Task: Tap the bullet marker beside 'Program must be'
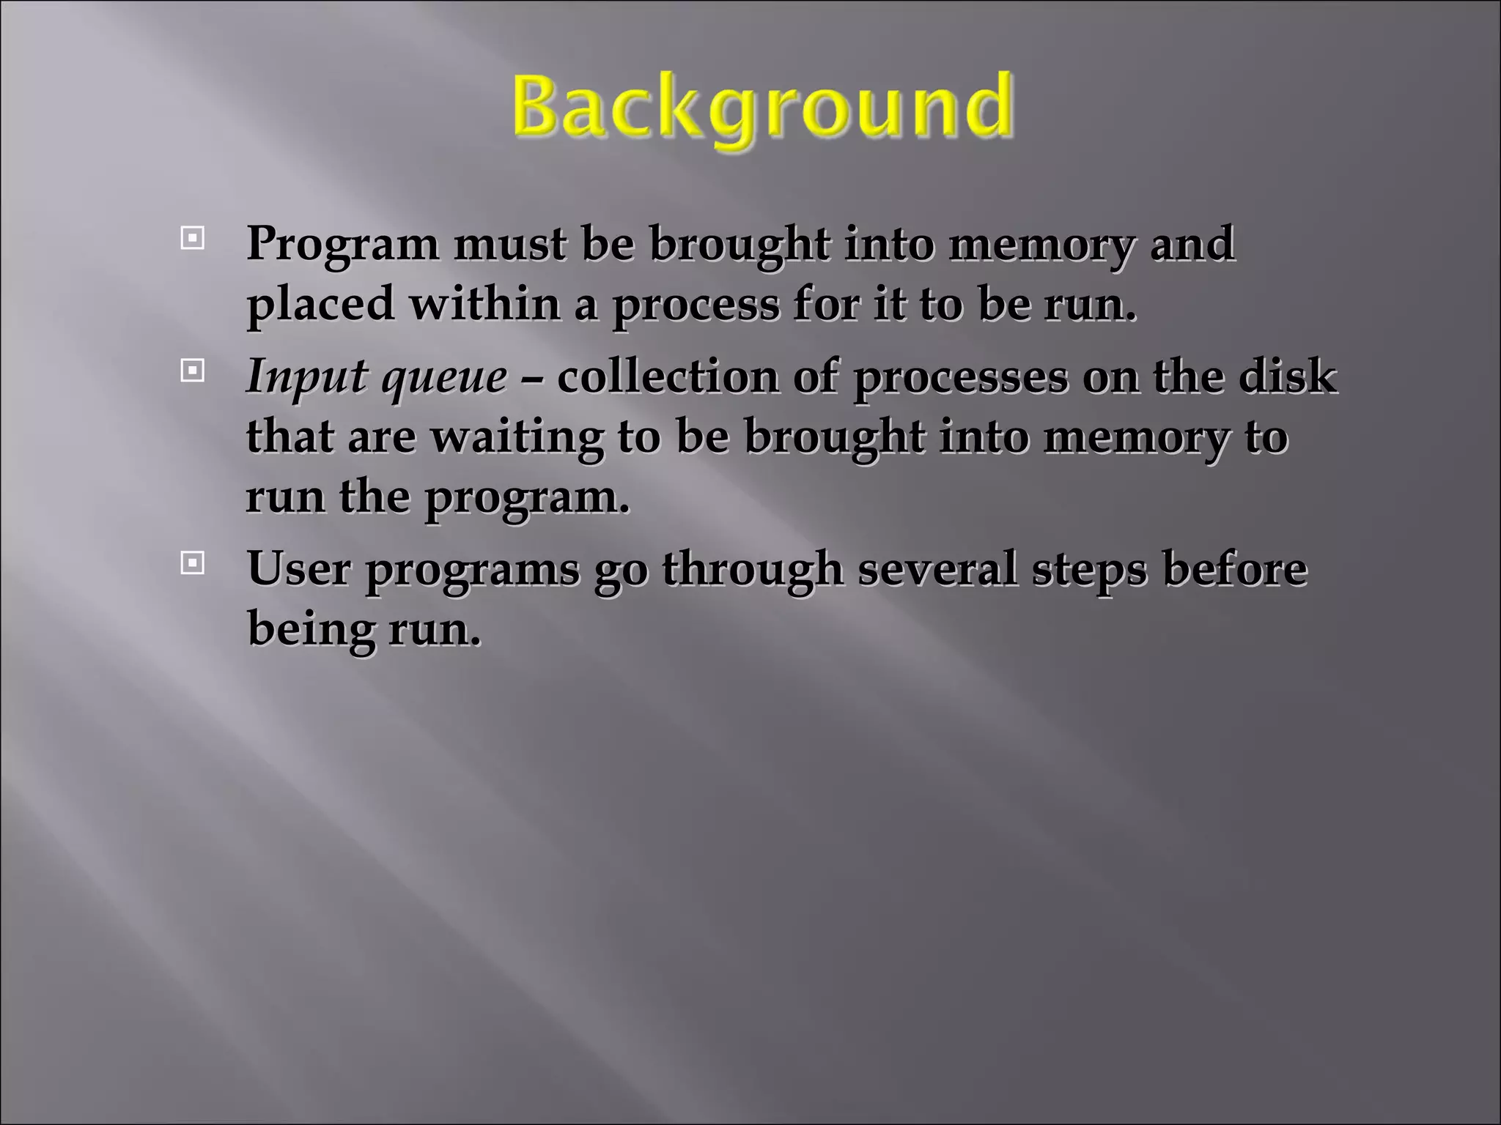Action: pyautogui.click(x=192, y=238)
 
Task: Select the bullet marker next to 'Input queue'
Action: pyautogui.click(x=192, y=371)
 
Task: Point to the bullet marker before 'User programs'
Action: pyautogui.click(x=192, y=563)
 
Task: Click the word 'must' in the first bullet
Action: pyautogui.click(x=509, y=244)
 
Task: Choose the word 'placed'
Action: pyautogui.click(x=320, y=304)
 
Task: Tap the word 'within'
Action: pyautogui.click(x=484, y=304)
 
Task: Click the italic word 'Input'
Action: pyautogui.click(x=306, y=378)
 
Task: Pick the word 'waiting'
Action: pyautogui.click(x=517, y=438)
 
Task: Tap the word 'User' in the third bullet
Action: pyautogui.click(x=299, y=568)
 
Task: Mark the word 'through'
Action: pyautogui.click(x=753, y=570)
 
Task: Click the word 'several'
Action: pyautogui.click(x=937, y=568)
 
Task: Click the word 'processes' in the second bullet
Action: pyautogui.click(x=961, y=378)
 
